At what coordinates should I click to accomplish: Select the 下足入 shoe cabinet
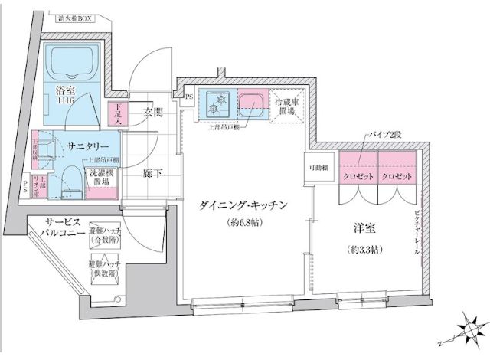tap(117, 114)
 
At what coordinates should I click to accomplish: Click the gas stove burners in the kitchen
tap(217, 102)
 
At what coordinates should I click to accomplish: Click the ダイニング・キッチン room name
tap(243, 205)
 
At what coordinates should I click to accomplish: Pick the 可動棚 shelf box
tap(319, 168)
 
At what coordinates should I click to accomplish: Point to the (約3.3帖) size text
tap(365, 249)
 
